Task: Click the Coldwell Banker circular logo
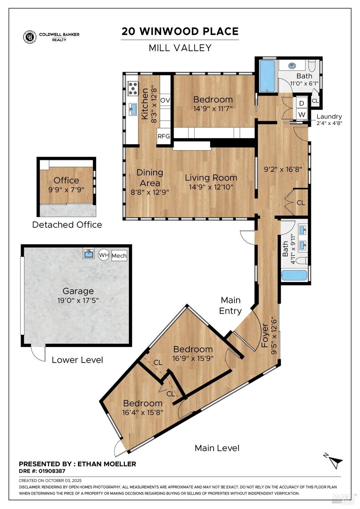30,37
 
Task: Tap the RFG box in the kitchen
164,136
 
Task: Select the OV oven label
165,100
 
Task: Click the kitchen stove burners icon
133,88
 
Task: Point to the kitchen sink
133,109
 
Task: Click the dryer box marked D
302,103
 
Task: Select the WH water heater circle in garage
104,255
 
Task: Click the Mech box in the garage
119,256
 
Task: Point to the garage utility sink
89,253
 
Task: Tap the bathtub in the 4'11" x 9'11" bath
294,275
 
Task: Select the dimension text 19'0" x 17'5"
78,300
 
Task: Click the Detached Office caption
67,225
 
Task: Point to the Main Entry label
231,305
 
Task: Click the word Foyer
265,335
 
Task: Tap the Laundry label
329,117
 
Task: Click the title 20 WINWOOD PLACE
180,32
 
